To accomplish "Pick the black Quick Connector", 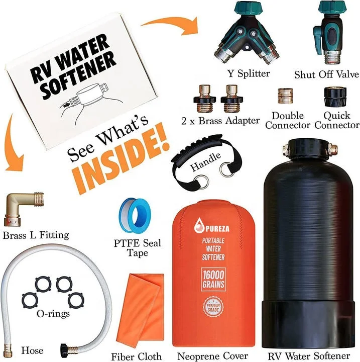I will point(332,96).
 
